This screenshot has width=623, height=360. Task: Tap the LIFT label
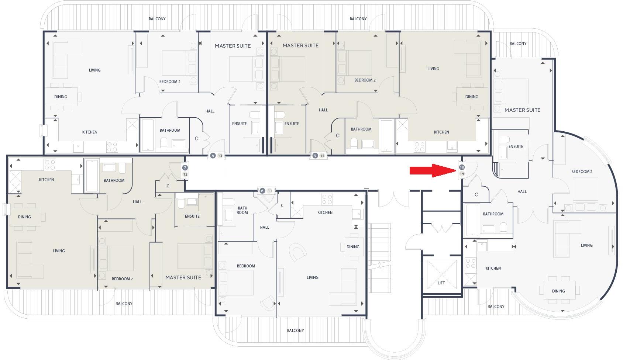pyautogui.click(x=441, y=283)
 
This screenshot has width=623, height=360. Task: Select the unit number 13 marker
pyautogui.click(x=220, y=156)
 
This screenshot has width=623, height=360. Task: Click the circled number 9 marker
pyautogui.click(x=315, y=156)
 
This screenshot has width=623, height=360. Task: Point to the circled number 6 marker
pyautogui.click(x=262, y=191)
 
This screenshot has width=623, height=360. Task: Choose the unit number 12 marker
pyautogui.click(x=185, y=174)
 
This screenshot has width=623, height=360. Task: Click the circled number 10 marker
pyautogui.click(x=462, y=167)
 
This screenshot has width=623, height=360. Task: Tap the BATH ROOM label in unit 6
pyautogui.click(x=242, y=210)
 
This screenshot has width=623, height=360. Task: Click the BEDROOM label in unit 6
pyautogui.click(x=246, y=266)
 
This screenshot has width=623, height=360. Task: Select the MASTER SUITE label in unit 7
pyautogui.click(x=183, y=277)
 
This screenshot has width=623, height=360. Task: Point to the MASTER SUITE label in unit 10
pyautogui.click(x=522, y=110)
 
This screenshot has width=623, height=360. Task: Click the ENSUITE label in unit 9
pyautogui.click(x=292, y=124)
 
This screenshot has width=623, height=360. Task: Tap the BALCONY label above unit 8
pyautogui.click(x=157, y=19)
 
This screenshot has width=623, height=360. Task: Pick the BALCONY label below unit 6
pyautogui.click(x=295, y=330)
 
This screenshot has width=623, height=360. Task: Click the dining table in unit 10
pyautogui.click(x=558, y=291)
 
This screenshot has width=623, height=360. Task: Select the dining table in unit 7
pyautogui.click(x=25, y=217)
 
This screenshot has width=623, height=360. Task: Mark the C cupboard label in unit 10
pyautogui.click(x=476, y=194)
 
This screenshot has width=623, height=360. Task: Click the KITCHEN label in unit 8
pyautogui.click(x=90, y=132)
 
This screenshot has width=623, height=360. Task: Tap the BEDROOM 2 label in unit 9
pyautogui.click(x=365, y=80)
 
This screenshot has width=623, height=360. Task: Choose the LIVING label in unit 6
pyautogui.click(x=312, y=277)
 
